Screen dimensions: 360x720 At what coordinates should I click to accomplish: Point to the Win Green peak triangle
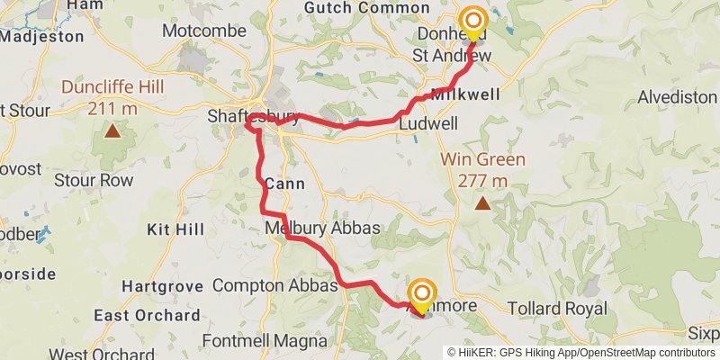pyautogui.click(x=483, y=204)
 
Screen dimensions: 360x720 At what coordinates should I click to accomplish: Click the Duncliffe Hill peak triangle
pyautogui.click(x=112, y=131)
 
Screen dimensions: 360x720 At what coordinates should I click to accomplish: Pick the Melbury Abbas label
pyautogui.click(x=322, y=228)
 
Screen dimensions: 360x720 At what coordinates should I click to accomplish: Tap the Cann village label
pyautogui.click(x=284, y=184)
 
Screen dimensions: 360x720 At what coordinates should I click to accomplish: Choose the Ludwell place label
pyautogui.click(x=428, y=123)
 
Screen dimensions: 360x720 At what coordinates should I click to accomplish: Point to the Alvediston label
pyautogui.click(x=676, y=97)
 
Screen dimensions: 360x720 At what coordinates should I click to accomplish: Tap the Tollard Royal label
pyautogui.click(x=557, y=308)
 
